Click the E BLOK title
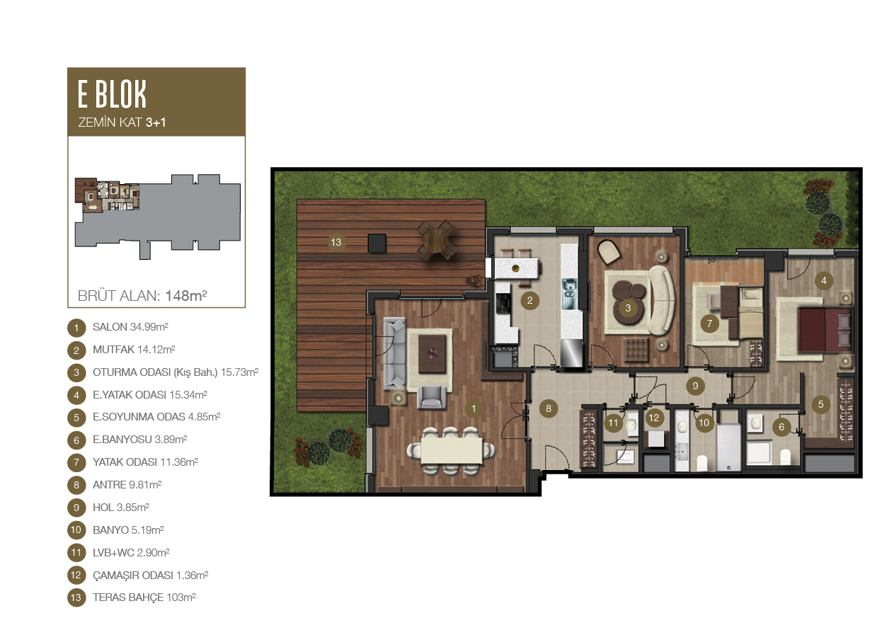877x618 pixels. [x=112, y=94]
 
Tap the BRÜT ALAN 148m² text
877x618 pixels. [x=142, y=296]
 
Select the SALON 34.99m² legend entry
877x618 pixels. [x=130, y=327]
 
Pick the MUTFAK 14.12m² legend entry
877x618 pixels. [x=134, y=349]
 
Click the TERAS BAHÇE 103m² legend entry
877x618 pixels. [x=144, y=597]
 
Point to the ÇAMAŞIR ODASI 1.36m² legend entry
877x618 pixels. [x=150, y=575]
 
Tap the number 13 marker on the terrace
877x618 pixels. [x=336, y=242]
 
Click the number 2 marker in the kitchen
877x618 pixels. [x=529, y=301]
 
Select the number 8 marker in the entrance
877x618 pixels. [x=548, y=409]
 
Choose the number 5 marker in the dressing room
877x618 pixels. [x=820, y=404]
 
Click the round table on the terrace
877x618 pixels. [x=435, y=241]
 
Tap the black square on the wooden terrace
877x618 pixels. [x=377, y=244]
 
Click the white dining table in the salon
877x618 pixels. [x=451, y=450]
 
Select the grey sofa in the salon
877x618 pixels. [x=394, y=353]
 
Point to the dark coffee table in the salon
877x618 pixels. [x=432, y=354]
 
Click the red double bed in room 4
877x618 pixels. [x=824, y=330]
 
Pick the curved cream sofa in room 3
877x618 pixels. [x=661, y=300]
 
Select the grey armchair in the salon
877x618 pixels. [x=432, y=397]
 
